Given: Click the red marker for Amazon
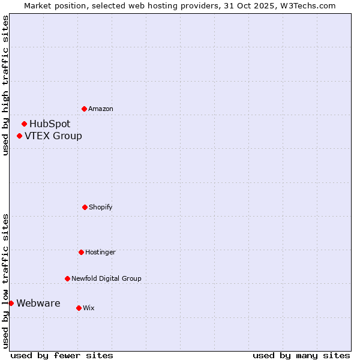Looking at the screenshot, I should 84,109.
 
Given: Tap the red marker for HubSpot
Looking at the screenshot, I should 24,124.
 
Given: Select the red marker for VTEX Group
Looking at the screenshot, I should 19,136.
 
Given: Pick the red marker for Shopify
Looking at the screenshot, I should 85,207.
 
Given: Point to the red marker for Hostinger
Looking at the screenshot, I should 81,252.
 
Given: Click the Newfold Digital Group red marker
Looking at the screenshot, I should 67,278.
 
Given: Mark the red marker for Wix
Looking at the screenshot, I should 79,308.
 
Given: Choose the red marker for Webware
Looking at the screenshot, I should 11,303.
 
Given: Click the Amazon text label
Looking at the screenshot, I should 101,109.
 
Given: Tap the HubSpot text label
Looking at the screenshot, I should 50,124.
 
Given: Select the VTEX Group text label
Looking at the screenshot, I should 53,136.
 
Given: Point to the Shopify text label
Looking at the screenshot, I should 101,207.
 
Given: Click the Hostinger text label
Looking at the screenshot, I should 100,252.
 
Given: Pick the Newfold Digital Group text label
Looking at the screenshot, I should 106,278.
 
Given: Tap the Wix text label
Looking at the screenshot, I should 89,308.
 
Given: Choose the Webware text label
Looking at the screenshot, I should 38,304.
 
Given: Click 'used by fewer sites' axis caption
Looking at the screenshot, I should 62,355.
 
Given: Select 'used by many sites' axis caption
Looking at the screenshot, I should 301,355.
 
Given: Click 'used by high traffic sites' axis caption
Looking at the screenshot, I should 5,85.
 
